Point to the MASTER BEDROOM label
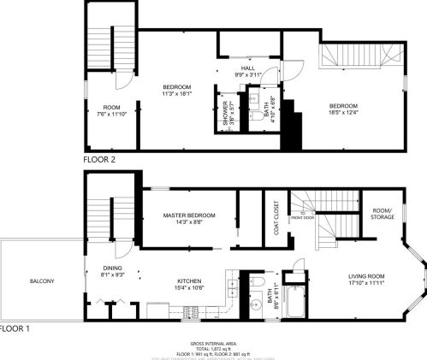pos(188,215)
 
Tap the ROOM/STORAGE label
pos(383,214)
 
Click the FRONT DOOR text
pos(303,217)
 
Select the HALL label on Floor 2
pos(248,68)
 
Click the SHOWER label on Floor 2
pos(226,113)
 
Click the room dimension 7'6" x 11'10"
pos(111,113)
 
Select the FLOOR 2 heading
pos(99,159)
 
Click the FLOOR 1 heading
pos(15,328)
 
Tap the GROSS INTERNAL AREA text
pos(213,341)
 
